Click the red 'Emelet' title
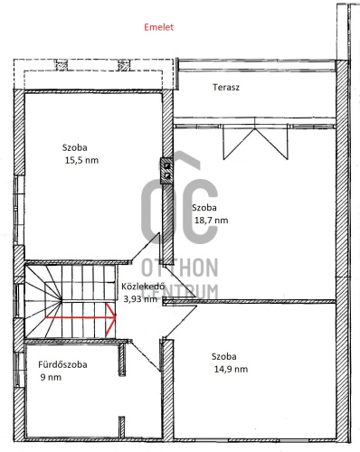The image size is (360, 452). pos(158,27)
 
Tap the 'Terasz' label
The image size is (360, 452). pos(226,88)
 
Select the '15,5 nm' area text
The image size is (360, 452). pos(81,160)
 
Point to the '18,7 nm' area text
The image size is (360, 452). pos(211,221)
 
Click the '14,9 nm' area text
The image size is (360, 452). pos(231,369)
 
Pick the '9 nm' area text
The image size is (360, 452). pos(51,377)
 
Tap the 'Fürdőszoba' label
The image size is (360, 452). pos(62,364)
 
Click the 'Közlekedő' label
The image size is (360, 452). pos(143,287)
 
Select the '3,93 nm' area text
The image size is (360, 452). pos(140,299)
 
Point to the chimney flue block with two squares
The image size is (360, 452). pos(166,171)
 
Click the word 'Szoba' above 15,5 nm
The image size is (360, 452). pos(75,147)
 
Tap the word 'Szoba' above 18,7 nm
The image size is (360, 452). pos(204,208)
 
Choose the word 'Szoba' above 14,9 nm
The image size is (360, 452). pos(223,356)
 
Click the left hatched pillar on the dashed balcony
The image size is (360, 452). pos(62,65)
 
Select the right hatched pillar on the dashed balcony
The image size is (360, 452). pos(123,65)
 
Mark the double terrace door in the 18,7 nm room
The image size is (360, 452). pos(255,142)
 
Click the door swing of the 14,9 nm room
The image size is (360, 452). pos(180,322)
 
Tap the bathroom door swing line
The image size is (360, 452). pos(146,356)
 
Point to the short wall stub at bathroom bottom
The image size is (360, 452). pos(121,428)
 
